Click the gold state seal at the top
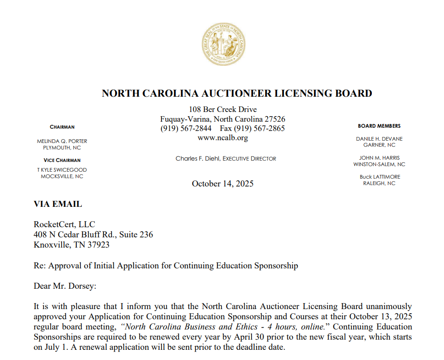(x=222, y=45)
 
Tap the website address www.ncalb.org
(x=222, y=138)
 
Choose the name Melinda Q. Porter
(x=62, y=141)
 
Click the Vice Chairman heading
(x=62, y=160)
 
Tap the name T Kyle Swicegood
(x=62, y=170)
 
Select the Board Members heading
(x=379, y=126)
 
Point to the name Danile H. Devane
(x=379, y=139)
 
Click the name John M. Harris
(x=379, y=158)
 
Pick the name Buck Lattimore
(x=379, y=177)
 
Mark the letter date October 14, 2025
(x=222, y=184)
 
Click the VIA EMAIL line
(x=58, y=204)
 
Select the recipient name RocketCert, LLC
(x=64, y=225)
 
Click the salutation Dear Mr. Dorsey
(x=65, y=286)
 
